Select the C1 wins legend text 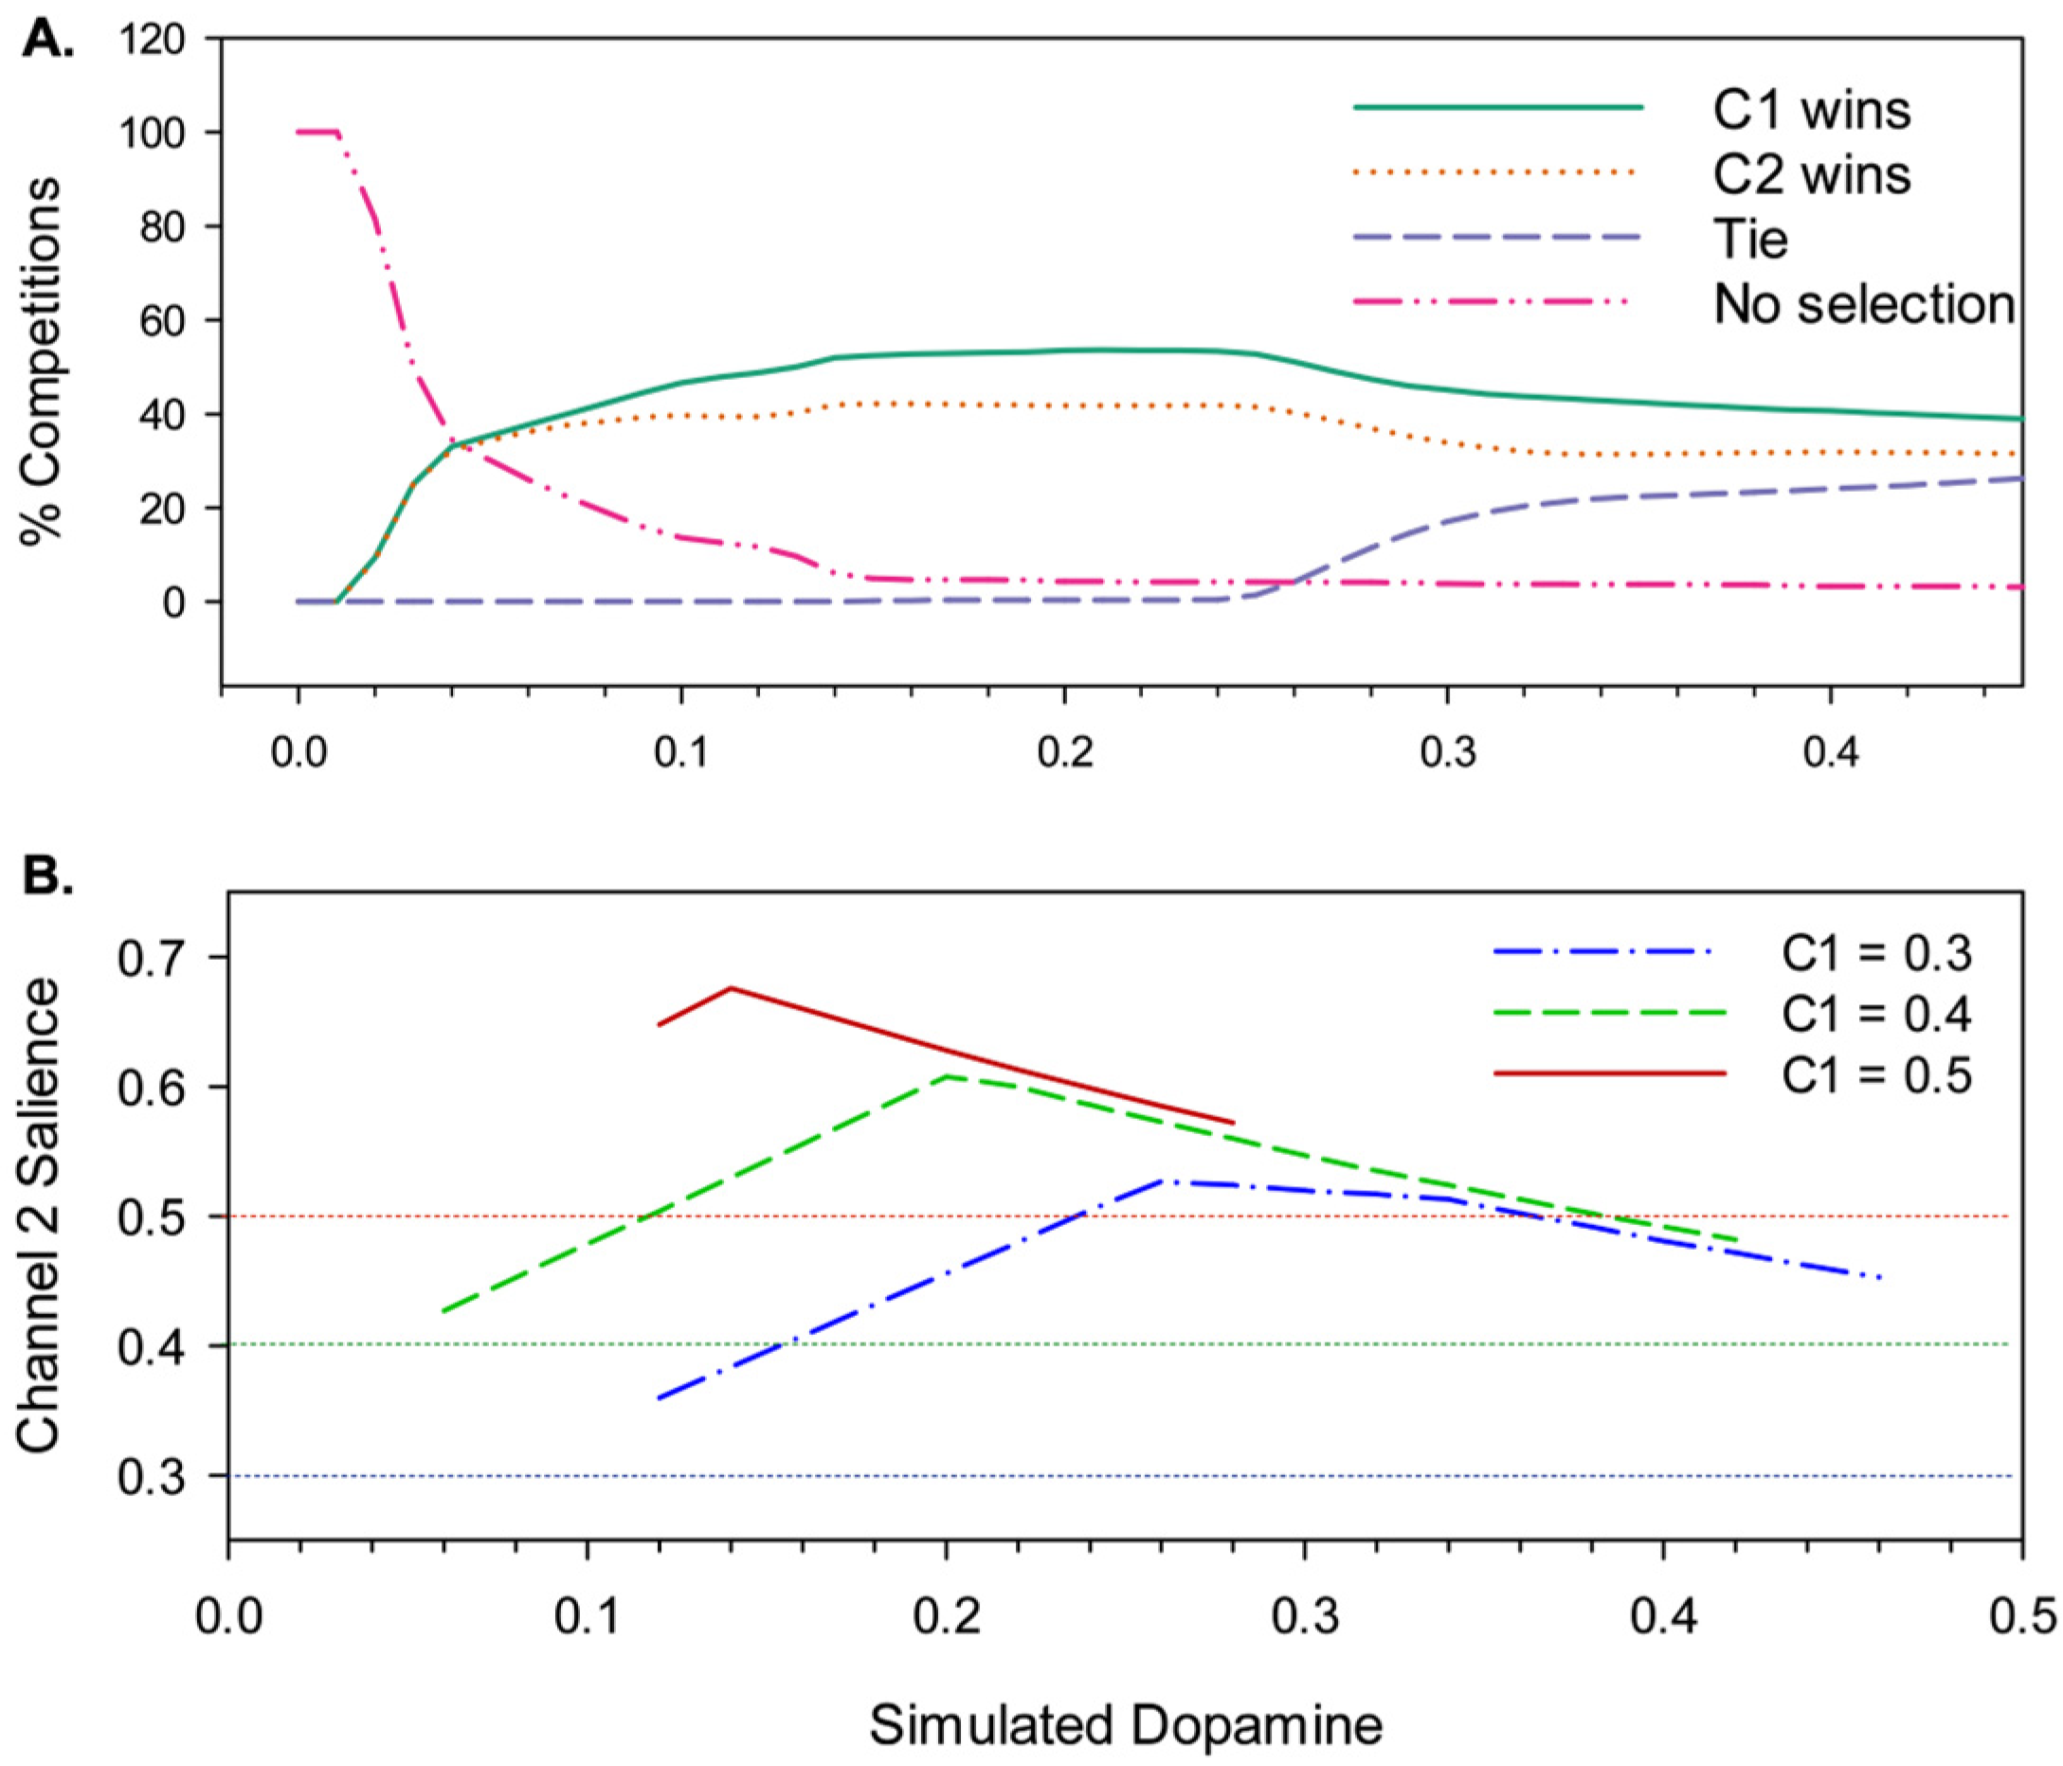[x=1811, y=111]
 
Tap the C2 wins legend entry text [x=1811, y=175]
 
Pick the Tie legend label [x=1749, y=240]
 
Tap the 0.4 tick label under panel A [x=1830, y=753]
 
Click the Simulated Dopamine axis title [x=1126, y=1726]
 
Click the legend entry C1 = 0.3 [x=1875, y=954]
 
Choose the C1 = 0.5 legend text [x=1875, y=1076]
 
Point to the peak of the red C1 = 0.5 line [x=731, y=987]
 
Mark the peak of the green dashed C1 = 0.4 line [x=947, y=1076]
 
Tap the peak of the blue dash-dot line [x=1162, y=1180]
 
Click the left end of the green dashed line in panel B [x=443, y=1311]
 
